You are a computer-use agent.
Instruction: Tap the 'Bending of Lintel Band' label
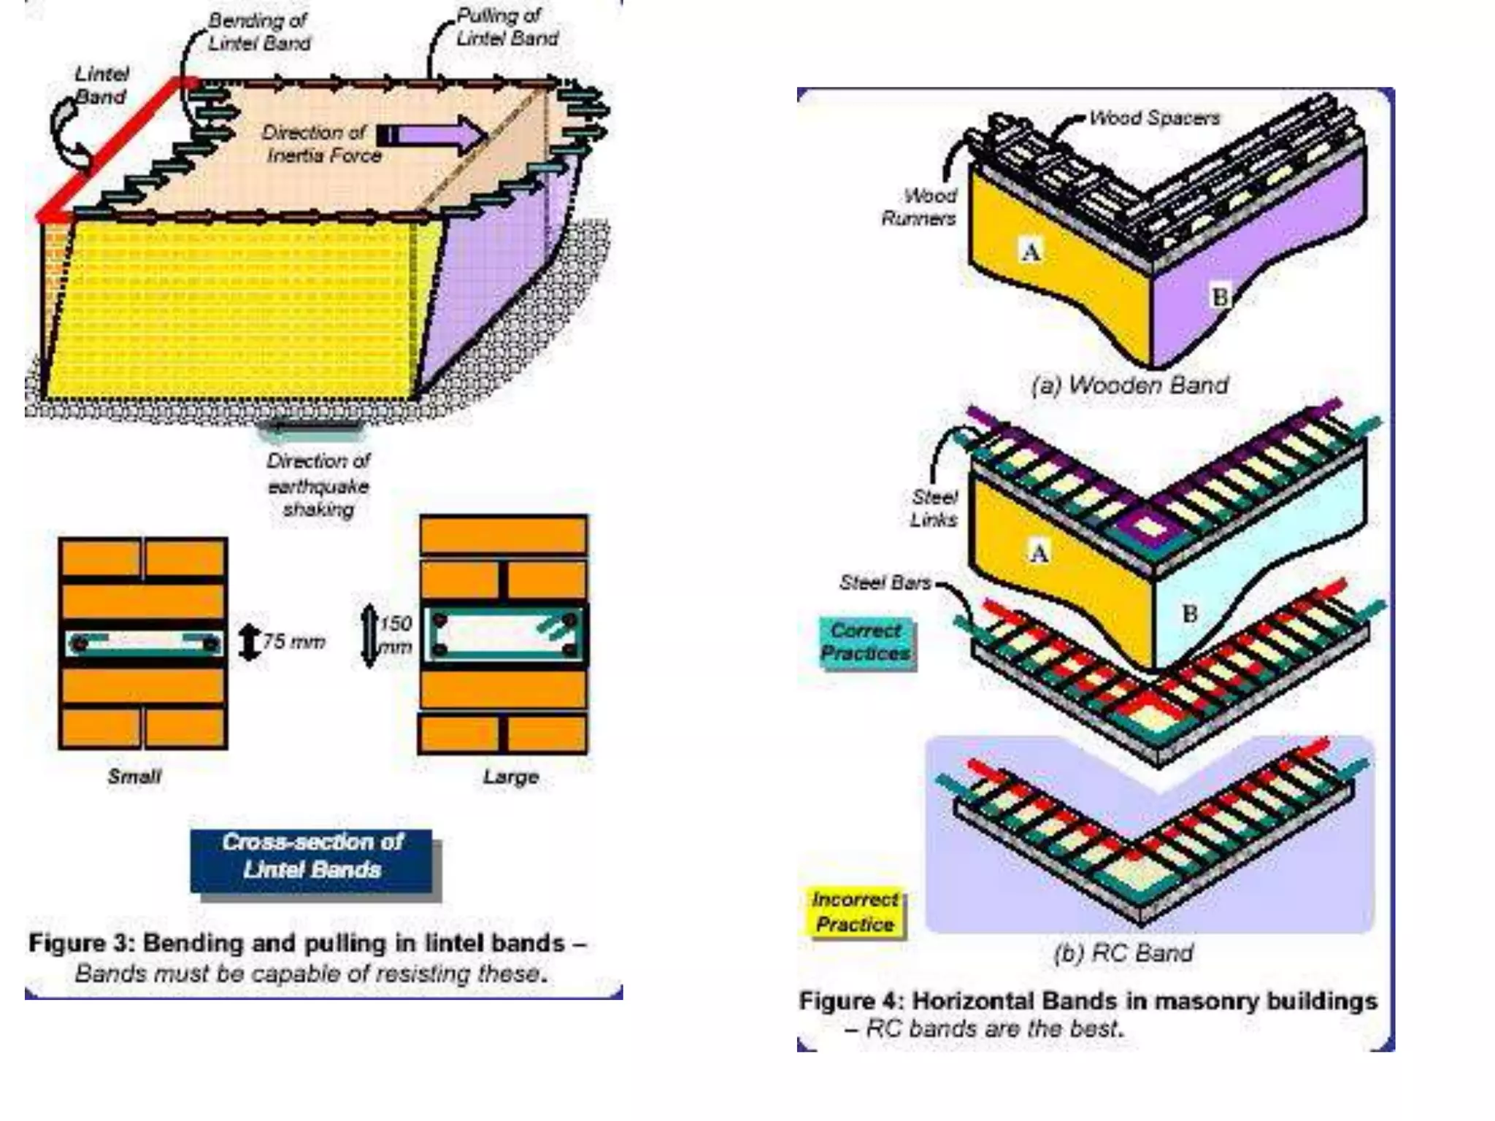click(x=258, y=32)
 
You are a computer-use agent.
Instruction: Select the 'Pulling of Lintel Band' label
click(x=507, y=28)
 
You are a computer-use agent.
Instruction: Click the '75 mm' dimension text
click(x=293, y=642)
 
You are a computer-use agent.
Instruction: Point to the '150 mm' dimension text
click(x=395, y=635)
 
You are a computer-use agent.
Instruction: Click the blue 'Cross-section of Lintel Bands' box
click(x=312, y=856)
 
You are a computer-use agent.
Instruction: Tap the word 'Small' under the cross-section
click(x=134, y=776)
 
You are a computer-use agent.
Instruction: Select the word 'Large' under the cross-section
click(x=510, y=777)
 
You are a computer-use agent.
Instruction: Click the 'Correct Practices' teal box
click(x=865, y=642)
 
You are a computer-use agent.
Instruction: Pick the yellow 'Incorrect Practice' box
click(x=855, y=912)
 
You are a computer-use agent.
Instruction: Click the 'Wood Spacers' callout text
click(x=1153, y=118)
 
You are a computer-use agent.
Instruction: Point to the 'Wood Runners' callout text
click(x=921, y=207)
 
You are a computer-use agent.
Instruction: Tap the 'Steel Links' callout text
click(x=934, y=508)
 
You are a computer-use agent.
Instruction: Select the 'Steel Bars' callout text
click(x=885, y=582)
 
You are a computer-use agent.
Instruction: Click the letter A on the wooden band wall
click(x=1031, y=252)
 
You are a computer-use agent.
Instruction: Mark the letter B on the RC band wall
click(x=1189, y=613)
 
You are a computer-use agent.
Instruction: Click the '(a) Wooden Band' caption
click(x=1129, y=385)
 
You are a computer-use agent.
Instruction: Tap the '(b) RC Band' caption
click(x=1123, y=952)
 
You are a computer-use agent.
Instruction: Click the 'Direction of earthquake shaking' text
click(x=318, y=485)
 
